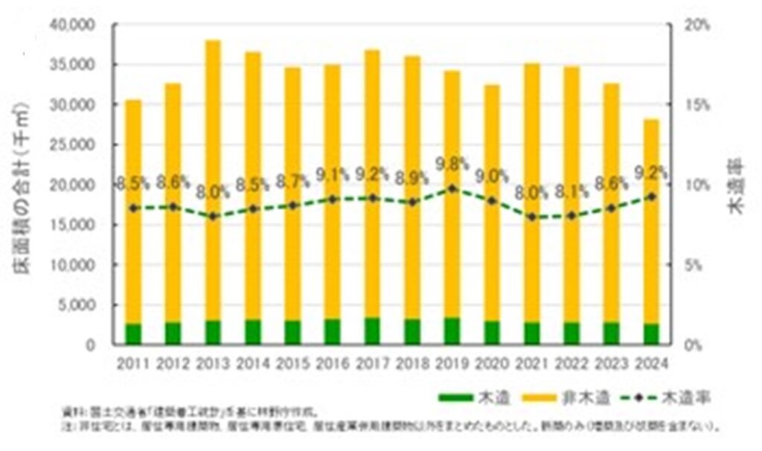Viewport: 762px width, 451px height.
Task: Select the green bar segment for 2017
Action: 372,331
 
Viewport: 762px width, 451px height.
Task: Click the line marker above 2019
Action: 452,188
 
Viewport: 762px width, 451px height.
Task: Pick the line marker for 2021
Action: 532,217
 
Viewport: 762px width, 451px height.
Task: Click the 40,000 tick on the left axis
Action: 71,25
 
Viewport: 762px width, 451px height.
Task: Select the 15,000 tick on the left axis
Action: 71,225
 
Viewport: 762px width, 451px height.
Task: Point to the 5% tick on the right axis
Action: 694,265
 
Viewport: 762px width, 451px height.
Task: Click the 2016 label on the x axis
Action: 333,365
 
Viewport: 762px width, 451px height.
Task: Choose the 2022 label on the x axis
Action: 571,365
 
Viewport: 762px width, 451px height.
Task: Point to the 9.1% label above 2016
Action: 333,176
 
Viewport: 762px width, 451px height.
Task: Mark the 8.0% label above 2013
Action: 213,192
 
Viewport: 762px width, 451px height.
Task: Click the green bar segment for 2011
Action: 133,334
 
